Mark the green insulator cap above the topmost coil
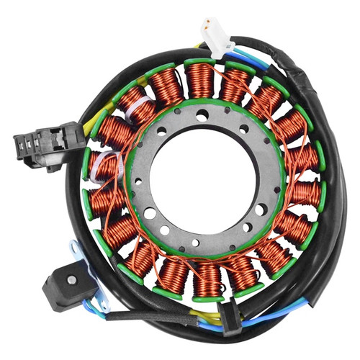point(201,63)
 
